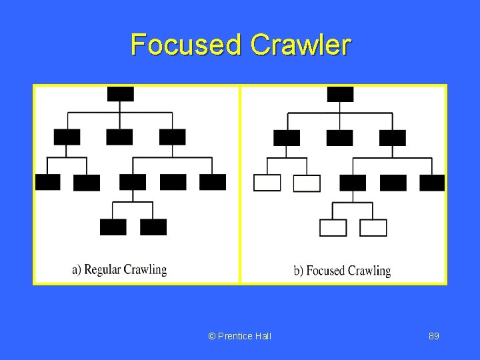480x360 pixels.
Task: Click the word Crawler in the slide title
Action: [300, 45]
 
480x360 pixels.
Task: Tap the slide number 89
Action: [433, 336]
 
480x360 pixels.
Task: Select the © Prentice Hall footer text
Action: [240, 336]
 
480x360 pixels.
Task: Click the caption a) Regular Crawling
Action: [119, 270]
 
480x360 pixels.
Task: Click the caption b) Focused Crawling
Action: [342, 271]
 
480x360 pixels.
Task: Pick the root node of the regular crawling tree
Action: [120, 94]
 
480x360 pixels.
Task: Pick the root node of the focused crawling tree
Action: [340, 94]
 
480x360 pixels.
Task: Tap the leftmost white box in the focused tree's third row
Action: [267, 183]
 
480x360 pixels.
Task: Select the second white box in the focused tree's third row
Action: [307, 183]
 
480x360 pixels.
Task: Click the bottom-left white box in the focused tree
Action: [333, 228]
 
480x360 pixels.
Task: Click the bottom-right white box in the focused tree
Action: [373, 228]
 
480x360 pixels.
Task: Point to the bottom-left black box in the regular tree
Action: [113, 227]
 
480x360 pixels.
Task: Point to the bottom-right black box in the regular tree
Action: [153, 227]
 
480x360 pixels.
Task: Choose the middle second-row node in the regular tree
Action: [119, 137]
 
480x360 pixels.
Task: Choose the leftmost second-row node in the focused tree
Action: [287, 137]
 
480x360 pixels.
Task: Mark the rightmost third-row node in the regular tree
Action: [213, 182]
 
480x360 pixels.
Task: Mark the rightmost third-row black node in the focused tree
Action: [432, 183]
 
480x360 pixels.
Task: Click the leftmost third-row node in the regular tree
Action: [47, 182]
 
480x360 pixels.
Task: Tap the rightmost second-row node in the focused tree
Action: [392, 137]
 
